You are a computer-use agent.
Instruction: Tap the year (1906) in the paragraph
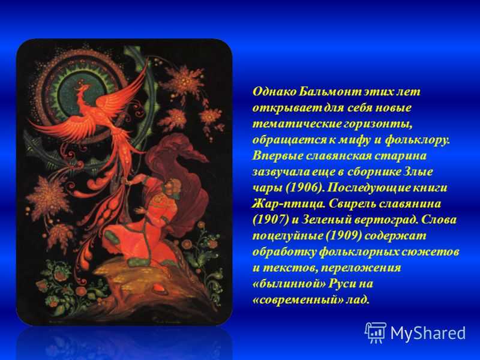tap(304, 188)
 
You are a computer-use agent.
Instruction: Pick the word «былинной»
tap(289, 284)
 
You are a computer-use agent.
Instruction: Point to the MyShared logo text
tap(428, 333)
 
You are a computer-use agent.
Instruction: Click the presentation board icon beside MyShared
tap(376, 333)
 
